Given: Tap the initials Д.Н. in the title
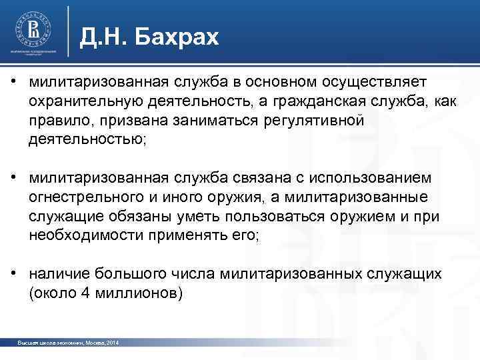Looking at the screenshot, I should tap(103, 37).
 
